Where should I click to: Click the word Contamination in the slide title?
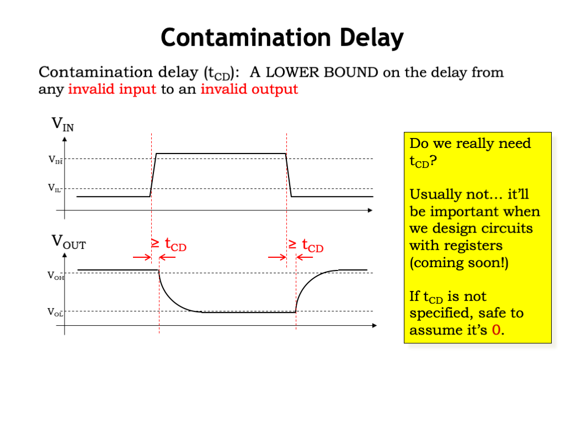[246, 38]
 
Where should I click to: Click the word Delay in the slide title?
[371, 38]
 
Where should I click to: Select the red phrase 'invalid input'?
[112, 89]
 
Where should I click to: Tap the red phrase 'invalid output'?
[249, 89]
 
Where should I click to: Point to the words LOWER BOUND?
[322, 72]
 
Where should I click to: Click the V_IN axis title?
[63, 124]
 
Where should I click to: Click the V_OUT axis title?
[69, 242]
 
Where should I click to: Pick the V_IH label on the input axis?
[56, 160]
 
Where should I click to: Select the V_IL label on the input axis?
[55, 188]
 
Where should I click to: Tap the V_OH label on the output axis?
[56, 276]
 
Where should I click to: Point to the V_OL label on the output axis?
[56, 312]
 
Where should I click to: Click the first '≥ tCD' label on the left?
[169, 245]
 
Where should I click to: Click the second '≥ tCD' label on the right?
[306, 245]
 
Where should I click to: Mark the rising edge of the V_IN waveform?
[153, 175]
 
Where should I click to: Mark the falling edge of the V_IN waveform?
[289, 175]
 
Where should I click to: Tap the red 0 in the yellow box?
[496, 330]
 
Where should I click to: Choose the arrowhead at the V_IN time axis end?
[370, 210]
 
